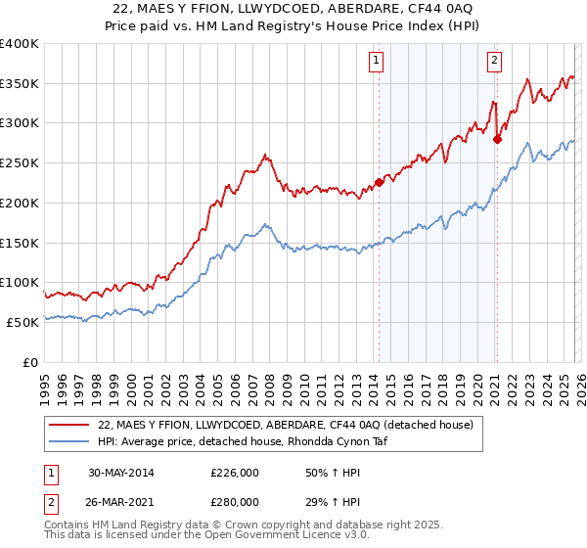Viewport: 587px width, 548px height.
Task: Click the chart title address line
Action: tap(293, 10)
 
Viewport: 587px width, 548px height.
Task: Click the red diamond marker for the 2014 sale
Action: tap(380, 181)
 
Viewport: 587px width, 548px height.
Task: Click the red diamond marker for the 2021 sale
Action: tap(497, 138)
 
